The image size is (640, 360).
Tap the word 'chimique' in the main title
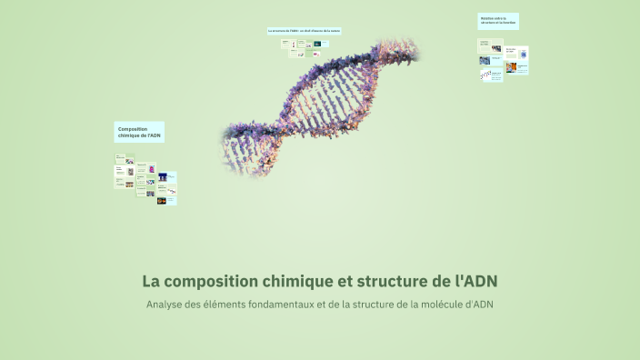297,280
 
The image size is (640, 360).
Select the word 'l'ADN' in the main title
475,280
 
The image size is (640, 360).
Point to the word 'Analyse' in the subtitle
166,304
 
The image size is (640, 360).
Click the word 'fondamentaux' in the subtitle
281,304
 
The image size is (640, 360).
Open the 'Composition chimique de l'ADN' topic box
139,132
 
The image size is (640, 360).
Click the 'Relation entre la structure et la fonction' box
498,21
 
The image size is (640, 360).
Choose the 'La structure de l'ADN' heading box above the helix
304,31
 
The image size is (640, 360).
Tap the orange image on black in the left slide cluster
162,201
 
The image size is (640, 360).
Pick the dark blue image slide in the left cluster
163,176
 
